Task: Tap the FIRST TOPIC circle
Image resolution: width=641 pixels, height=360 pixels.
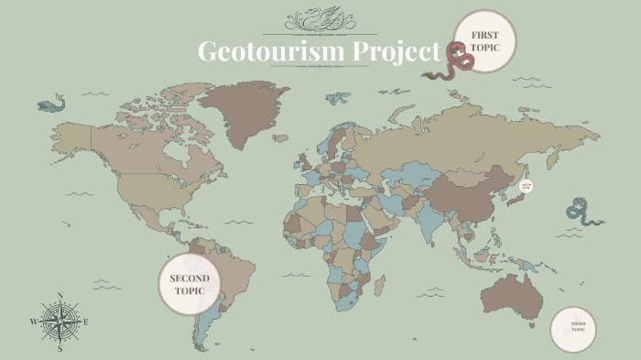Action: [x=484, y=40]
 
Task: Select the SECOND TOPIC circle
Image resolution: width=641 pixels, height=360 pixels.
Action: [x=190, y=284]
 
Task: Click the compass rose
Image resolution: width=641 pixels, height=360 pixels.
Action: [x=60, y=322]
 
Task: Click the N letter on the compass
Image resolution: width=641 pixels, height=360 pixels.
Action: [x=60, y=296]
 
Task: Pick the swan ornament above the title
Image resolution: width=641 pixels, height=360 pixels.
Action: [x=320, y=19]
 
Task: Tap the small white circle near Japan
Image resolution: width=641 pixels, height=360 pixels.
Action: [x=526, y=186]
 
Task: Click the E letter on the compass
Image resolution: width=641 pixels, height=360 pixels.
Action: [x=86, y=322]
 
